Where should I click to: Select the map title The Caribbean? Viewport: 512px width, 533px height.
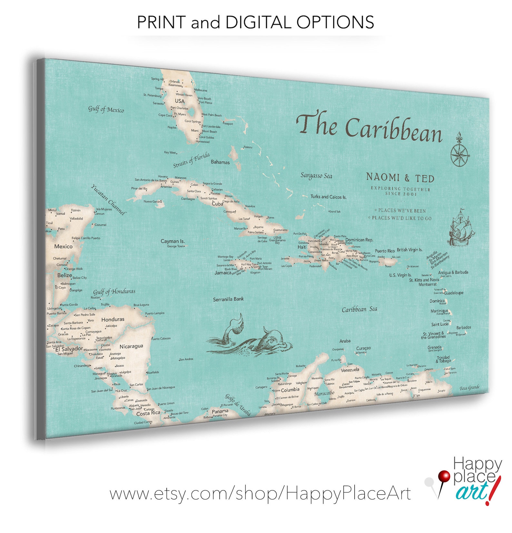369,127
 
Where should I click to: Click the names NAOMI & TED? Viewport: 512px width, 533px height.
400,177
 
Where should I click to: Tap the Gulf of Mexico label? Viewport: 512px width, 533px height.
106,109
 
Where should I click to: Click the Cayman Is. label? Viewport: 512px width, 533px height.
172,241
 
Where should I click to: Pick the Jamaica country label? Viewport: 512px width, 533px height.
223,273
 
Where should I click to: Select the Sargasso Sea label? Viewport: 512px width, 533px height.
316,176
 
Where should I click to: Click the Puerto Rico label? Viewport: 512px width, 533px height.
385,251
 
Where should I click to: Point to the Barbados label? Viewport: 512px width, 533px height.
463,327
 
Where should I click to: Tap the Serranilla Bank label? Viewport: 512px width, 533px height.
228,299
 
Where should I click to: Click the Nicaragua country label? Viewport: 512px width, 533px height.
131,346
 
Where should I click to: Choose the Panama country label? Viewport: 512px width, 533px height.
220,411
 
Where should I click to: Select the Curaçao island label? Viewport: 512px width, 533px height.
363,348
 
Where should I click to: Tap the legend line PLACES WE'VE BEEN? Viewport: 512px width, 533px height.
402,211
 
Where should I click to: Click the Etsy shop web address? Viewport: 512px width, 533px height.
260,494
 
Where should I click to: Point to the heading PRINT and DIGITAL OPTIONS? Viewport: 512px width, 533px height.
255,22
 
